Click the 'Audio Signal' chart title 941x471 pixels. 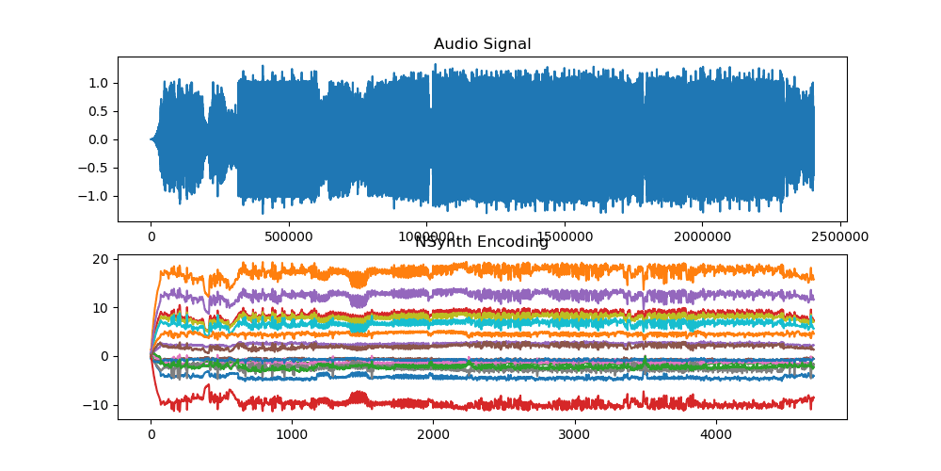tap(482, 44)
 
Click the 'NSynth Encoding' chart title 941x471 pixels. tap(482, 242)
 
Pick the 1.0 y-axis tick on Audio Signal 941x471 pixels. tap(99, 83)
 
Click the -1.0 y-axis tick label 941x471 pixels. tap(95, 196)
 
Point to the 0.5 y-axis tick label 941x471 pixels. tap(99, 111)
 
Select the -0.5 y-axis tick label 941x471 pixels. tap(95, 168)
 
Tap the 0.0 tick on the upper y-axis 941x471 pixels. tap(99, 139)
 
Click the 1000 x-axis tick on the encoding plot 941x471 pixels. tap(292, 435)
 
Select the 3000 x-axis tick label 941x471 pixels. tap(574, 435)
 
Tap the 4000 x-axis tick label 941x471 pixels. tap(715, 435)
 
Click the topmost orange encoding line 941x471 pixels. tap(565, 269)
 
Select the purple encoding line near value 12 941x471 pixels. tap(565, 295)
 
